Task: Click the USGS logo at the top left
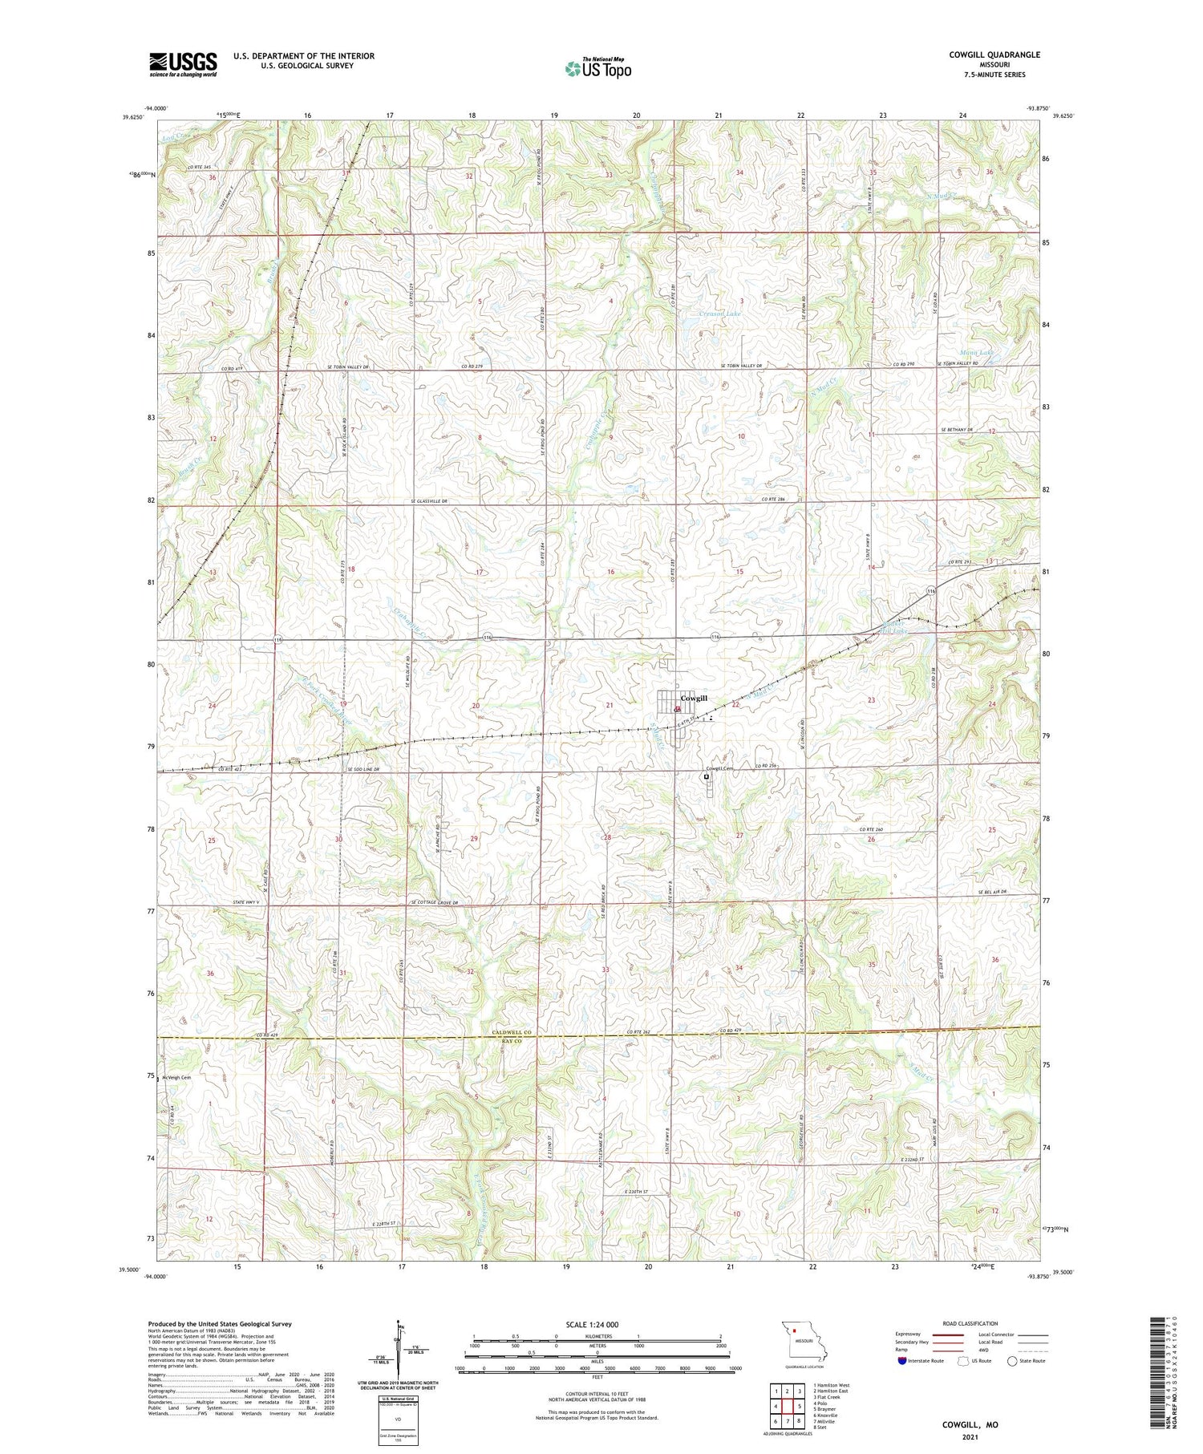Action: click(183, 64)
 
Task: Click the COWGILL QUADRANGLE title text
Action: click(995, 55)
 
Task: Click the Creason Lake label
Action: click(719, 314)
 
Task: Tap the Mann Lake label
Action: click(976, 352)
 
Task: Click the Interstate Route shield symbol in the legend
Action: click(901, 1360)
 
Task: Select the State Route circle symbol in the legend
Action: click(1012, 1360)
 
